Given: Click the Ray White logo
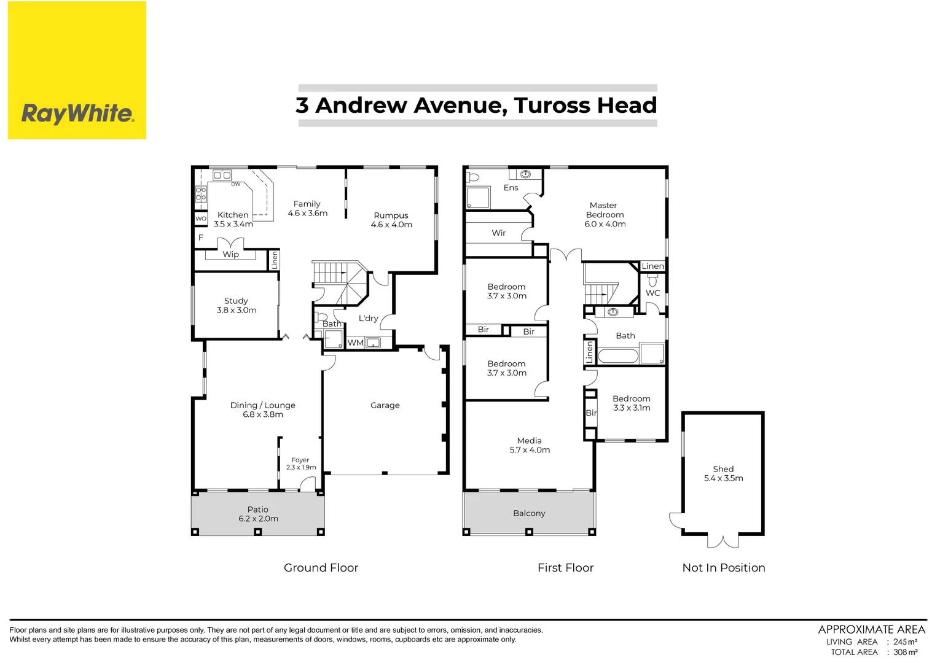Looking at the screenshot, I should click(x=77, y=114).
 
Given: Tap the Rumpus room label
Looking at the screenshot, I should click(x=391, y=220).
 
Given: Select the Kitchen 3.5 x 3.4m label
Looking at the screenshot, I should click(x=233, y=219).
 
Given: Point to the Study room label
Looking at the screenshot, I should click(x=237, y=305).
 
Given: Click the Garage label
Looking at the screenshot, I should click(x=385, y=405).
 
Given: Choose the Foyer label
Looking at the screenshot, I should click(x=300, y=463).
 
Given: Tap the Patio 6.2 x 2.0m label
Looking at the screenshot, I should click(x=258, y=514).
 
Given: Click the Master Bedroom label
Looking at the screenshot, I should click(x=605, y=214).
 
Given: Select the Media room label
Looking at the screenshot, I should click(x=530, y=445).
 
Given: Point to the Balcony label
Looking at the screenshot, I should click(x=529, y=513).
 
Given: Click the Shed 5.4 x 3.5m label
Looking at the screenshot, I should click(x=723, y=473).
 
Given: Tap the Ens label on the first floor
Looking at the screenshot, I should click(x=511, y=188).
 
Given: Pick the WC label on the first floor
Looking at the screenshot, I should click(x=652, y=293).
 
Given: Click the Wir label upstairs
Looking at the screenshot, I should click(x=499, y=233).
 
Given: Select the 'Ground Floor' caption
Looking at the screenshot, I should click(x=321, y=568).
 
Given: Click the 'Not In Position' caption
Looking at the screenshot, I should click(x=723, y=568).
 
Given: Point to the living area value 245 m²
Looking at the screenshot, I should click(x=905, y=642).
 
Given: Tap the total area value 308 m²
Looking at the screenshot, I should click(x=905, y=652).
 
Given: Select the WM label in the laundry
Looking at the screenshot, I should click(x=355, y=343).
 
